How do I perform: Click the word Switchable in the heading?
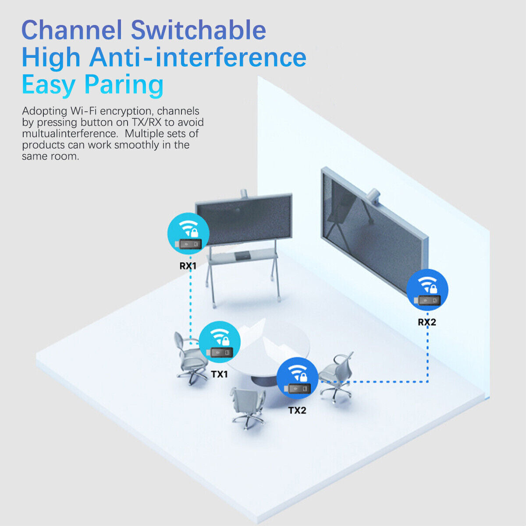(198, 31)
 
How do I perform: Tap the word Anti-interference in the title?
(198, 57)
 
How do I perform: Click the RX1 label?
(188, 266)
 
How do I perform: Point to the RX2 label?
(426, 322)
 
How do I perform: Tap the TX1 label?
(219, 374)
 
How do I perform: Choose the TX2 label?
(297, 410)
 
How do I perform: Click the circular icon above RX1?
(188, 234)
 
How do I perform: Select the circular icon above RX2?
(427, 290)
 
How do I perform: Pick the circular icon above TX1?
(220, 342)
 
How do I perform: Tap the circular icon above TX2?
(298, 378)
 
